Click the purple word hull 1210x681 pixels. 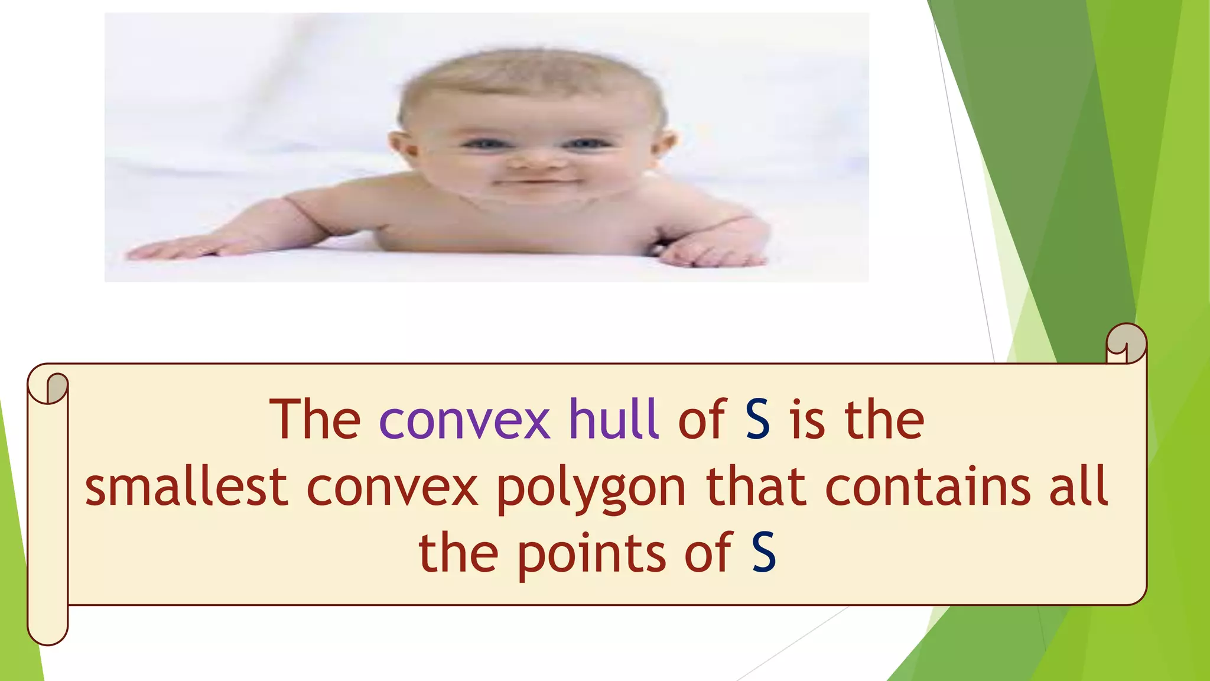(x=613, y=419)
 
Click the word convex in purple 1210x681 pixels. (x=464, y=420)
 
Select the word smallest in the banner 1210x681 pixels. (x=186, y=487)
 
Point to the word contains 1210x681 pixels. (x=928, y=487)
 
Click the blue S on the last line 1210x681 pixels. (x=763, y=553)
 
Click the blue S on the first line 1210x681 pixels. (x=757, y=419)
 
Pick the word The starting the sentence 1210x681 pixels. (x=314, y=419)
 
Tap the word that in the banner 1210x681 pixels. (x=756, y=487)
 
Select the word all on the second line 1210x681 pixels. (x=1079, y=487)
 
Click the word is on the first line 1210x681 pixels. (x=808, y=419)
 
